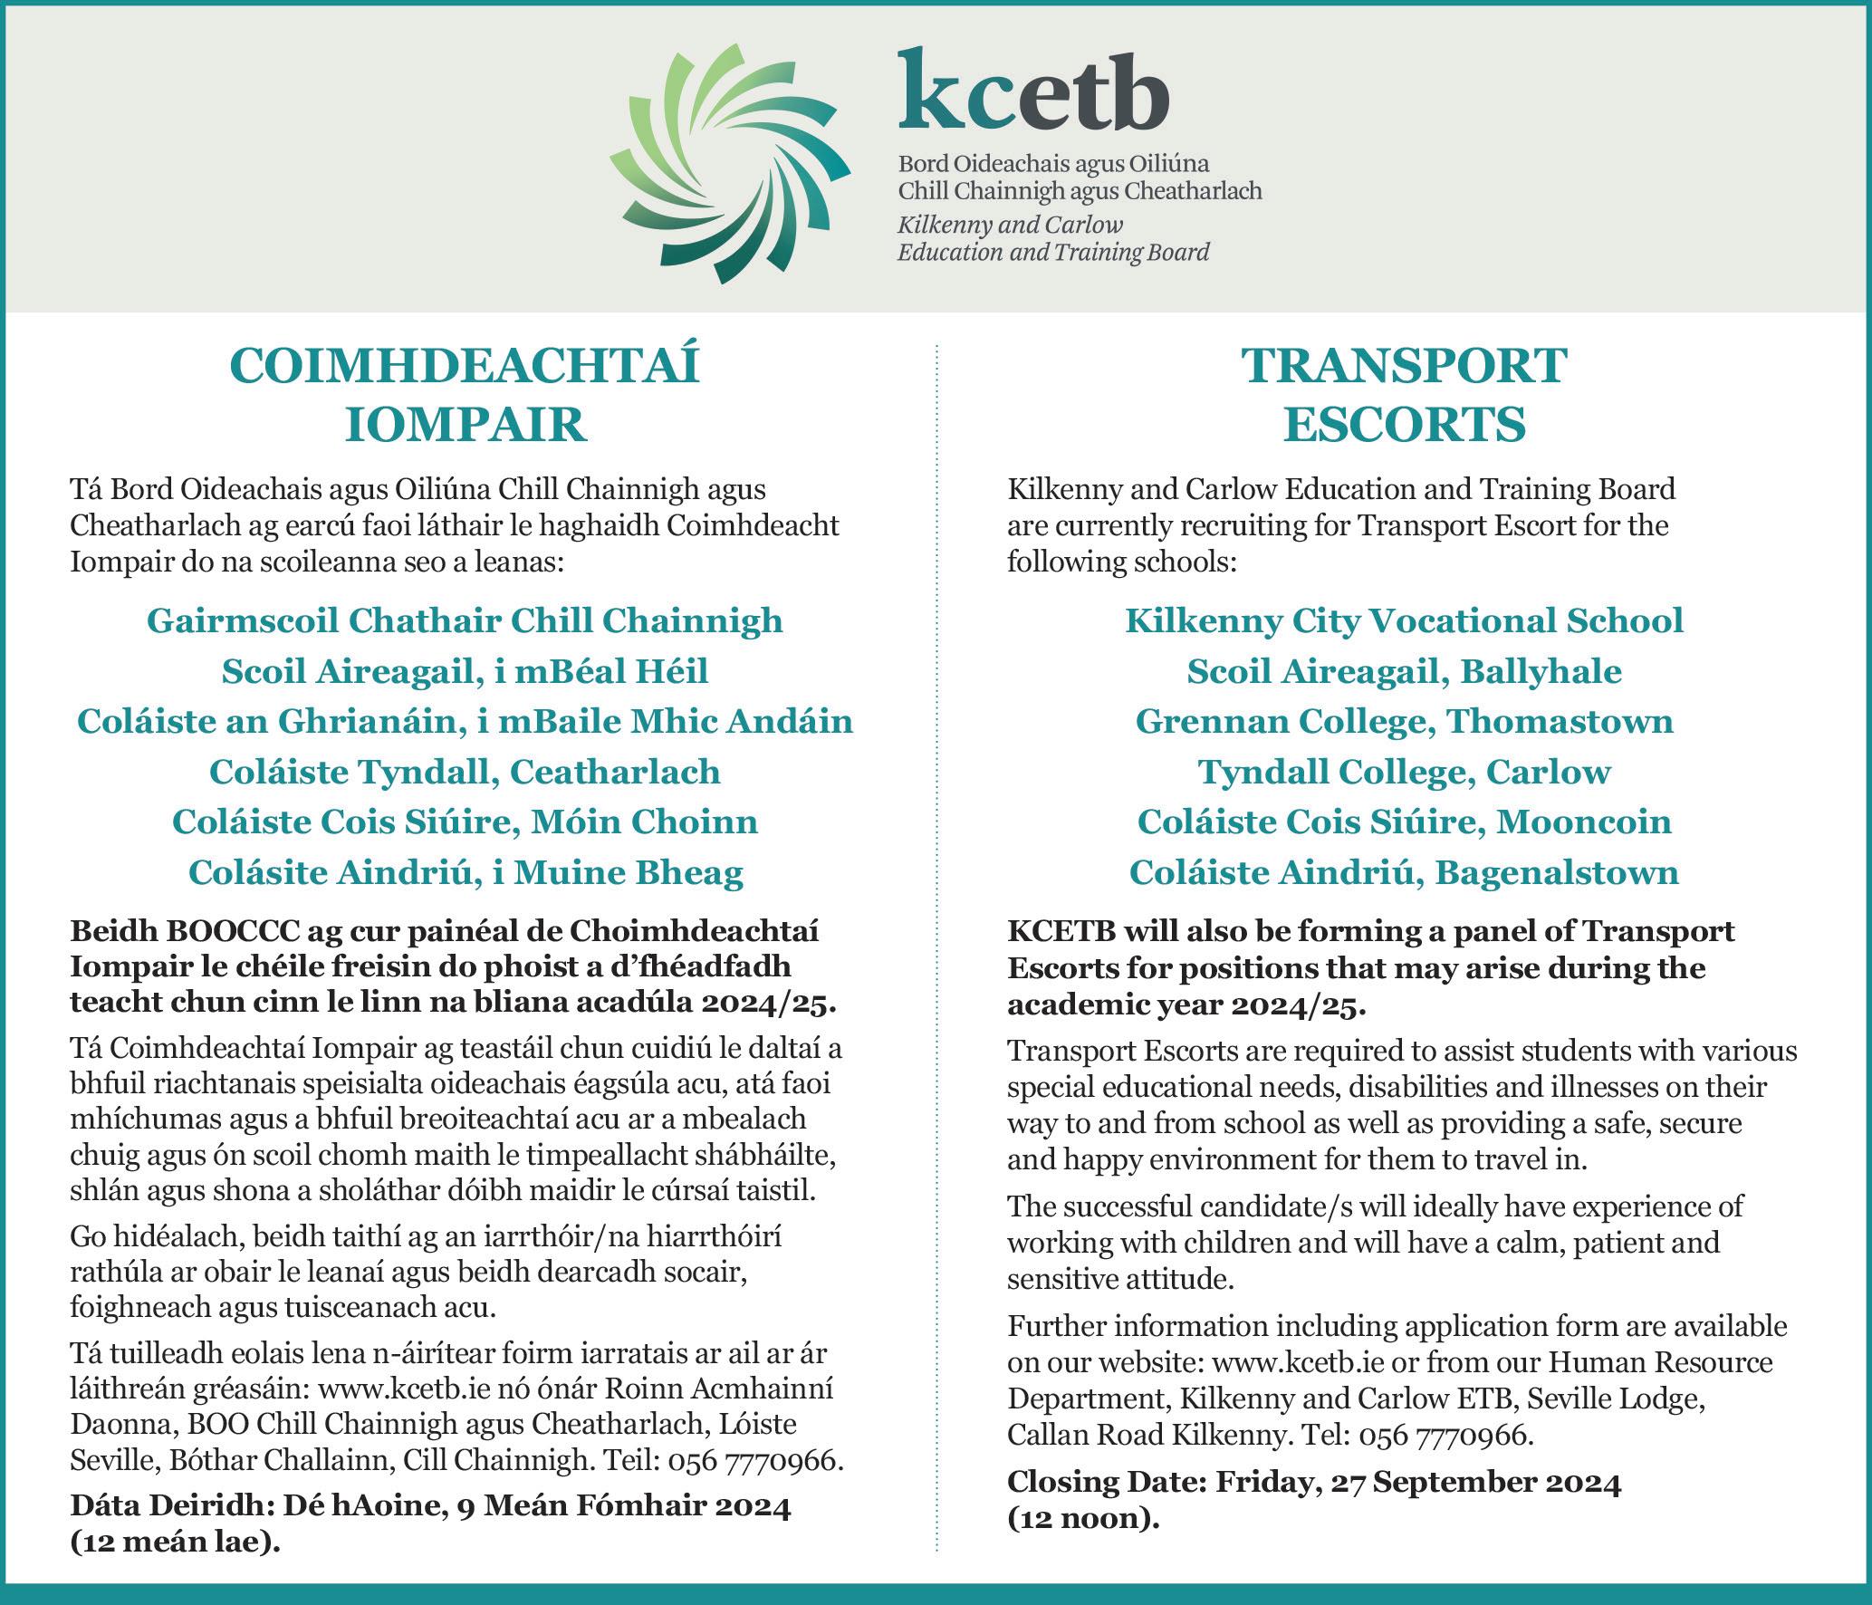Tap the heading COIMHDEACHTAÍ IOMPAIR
coord(466,395)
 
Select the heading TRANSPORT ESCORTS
coord(1404,395)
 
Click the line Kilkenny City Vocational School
coord(1404,621)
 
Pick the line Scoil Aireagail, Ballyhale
coord(1404,672)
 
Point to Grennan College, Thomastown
coord(1404,722)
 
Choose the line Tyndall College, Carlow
coord(1404,773)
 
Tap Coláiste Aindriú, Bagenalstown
coord(1404,873)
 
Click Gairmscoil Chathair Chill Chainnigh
coord(465,621)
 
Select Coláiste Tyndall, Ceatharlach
coord(465,773)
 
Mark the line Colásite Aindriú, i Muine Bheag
coord(466,873)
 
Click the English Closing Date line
coord(1314,1482)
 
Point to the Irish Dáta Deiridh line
coord(431,1506)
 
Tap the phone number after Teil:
coord(754,1461)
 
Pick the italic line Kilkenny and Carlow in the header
coord(1010,225)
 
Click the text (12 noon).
coord(1083,1518)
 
